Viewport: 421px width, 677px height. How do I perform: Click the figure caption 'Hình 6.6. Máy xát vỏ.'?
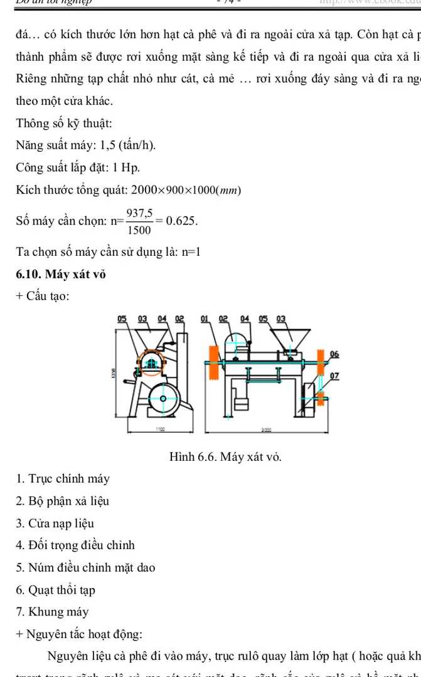(225, 456)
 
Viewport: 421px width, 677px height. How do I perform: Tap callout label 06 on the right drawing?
(334, 354)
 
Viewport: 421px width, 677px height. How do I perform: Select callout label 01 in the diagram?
(205, 318)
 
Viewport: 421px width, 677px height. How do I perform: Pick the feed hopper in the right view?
(296, 337)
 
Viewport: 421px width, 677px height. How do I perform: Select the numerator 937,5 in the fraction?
(139, 214)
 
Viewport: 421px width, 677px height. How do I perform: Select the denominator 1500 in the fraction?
(138, 230)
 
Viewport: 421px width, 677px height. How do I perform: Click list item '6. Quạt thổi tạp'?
(56, 590)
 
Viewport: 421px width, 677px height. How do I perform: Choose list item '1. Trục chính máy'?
(63, 479)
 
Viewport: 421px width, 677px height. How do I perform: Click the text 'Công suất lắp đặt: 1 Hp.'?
(78, 168)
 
